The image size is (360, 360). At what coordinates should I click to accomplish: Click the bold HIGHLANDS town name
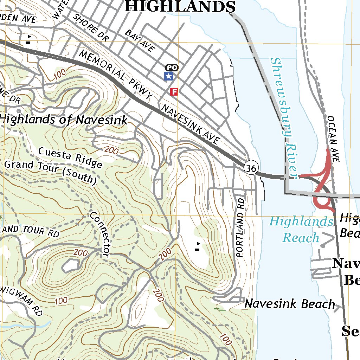180,7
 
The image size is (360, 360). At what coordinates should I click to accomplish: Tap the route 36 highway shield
251,168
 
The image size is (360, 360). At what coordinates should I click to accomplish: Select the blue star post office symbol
169,76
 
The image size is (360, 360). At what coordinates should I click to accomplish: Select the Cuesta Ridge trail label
70,157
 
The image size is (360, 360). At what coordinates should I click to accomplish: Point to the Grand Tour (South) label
50,172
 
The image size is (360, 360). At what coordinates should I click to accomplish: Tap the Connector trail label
100,234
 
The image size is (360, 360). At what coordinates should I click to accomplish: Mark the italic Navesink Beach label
290,304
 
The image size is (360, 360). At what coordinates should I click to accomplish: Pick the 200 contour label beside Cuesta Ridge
111,150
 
